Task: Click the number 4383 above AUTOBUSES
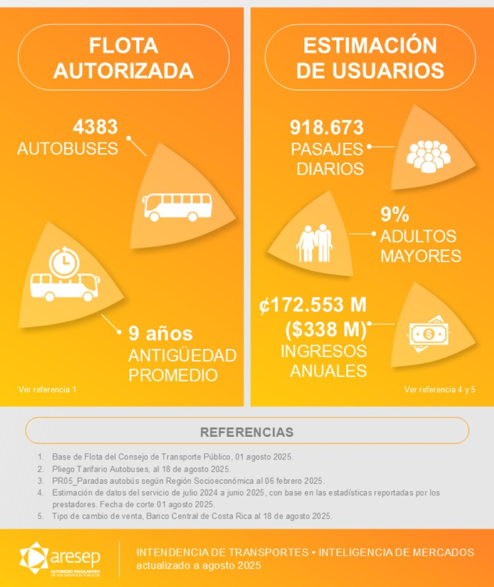pos(96,127)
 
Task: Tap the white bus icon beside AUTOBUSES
pos(177,206)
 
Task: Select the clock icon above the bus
pos(64,263)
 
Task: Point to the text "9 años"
pos(160,333)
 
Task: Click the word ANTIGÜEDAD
pos(182,355)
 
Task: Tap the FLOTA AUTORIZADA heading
pos(123,57)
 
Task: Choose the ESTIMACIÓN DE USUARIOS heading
pos(370,57)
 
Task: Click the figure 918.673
pos(327,127)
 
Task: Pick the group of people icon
pos(428,156)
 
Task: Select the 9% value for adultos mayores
pos(395,214)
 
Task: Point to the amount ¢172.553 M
pos(313,306)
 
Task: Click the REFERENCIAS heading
pos(246,432)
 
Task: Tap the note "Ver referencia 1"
pos(47,390)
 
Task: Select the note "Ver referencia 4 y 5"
pos(440,390)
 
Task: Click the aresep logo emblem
pos(34,557)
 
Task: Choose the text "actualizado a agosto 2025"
pos(198,566)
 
